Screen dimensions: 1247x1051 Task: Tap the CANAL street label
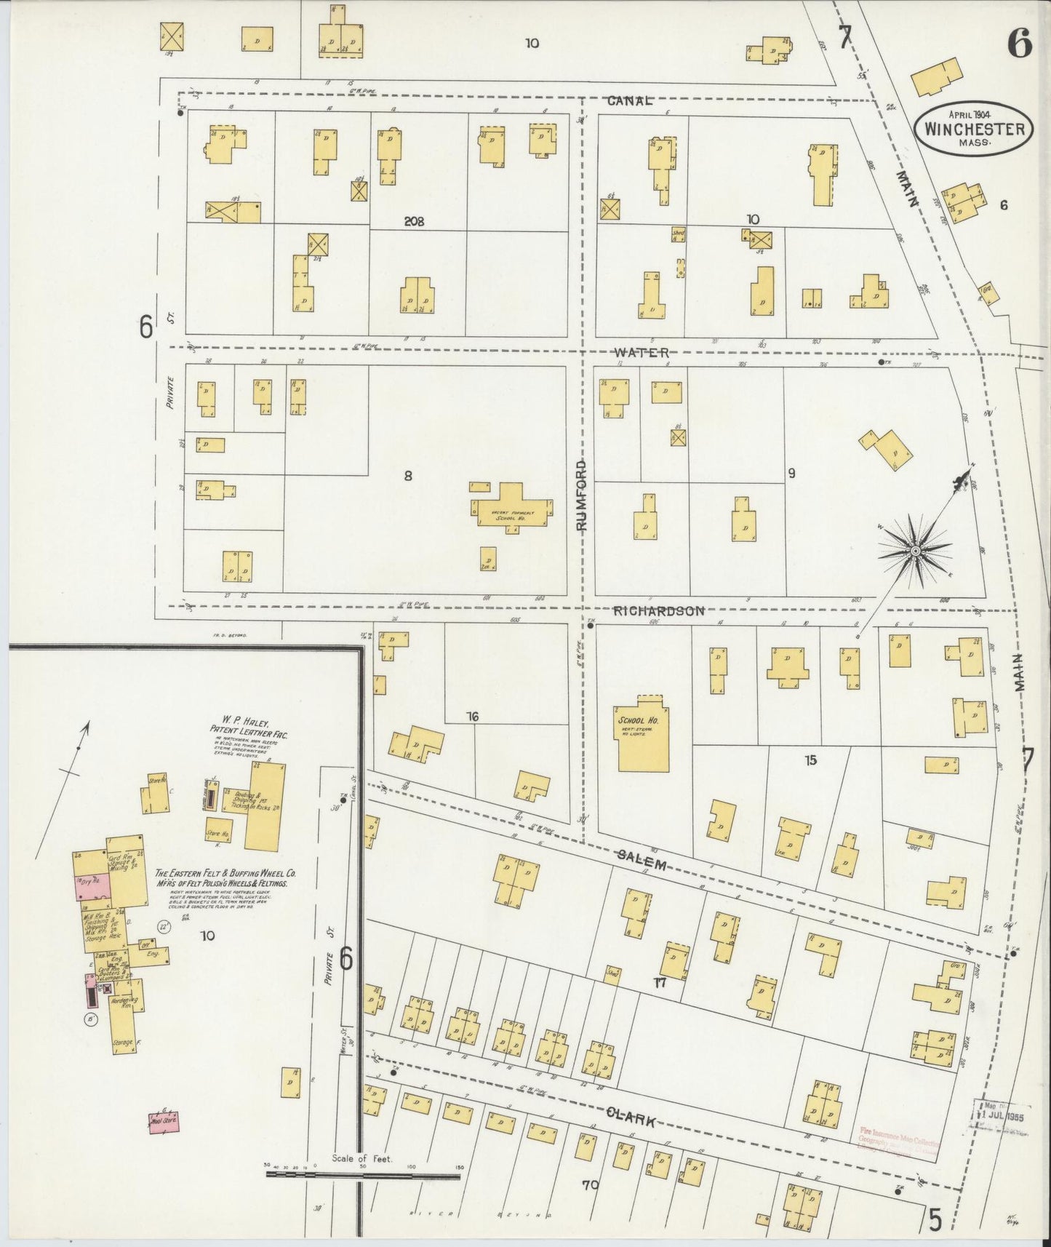[x=631, y=101]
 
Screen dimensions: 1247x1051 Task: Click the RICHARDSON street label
[x=659, y=611]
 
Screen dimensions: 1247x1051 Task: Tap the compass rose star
[x=915, y=551]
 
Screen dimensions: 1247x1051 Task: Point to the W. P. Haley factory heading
[x=249, y=728]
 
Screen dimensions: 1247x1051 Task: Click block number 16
[x=472, y=717]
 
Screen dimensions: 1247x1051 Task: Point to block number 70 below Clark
[x=589, y=1184]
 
